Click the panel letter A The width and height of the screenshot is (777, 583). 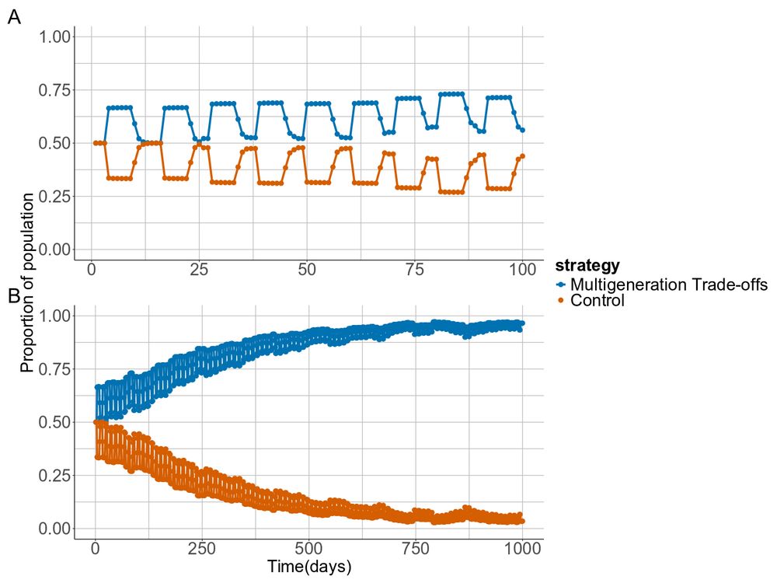14,17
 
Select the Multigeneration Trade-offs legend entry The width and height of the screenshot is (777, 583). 669,285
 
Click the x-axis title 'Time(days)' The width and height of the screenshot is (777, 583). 308,566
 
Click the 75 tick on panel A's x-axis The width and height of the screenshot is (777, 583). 415,270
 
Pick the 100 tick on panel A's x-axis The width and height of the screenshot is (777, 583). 522,270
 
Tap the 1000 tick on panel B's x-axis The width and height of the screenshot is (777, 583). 522,548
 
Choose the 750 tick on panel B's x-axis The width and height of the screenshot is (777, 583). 416,548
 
